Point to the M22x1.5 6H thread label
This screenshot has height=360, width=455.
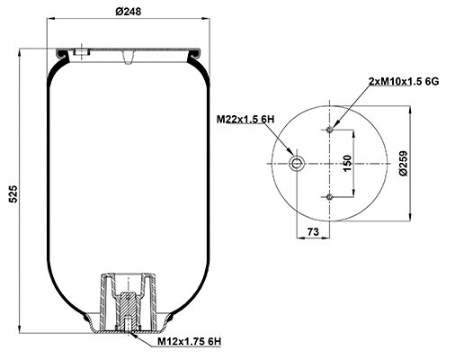click(245, 119)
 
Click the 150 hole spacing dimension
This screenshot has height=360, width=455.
click(346, 163)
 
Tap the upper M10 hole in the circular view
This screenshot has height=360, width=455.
click(331, 129)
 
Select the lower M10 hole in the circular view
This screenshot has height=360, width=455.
click(331, 196)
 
